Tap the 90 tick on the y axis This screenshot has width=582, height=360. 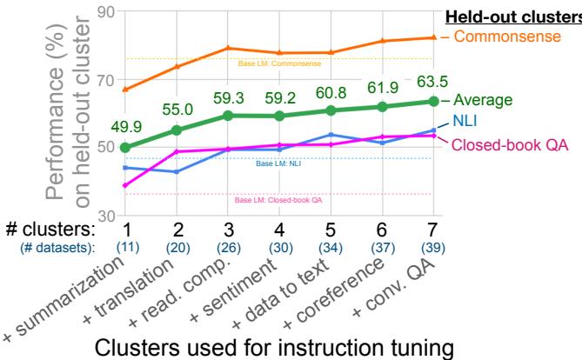[x=106, y=12]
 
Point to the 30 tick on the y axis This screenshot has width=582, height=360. [x=106, y=215]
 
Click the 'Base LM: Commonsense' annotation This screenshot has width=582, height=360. [x=279, y=63]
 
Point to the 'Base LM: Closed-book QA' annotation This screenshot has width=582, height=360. [x=279, y=200]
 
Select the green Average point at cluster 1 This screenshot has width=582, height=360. [x=126, y=147]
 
